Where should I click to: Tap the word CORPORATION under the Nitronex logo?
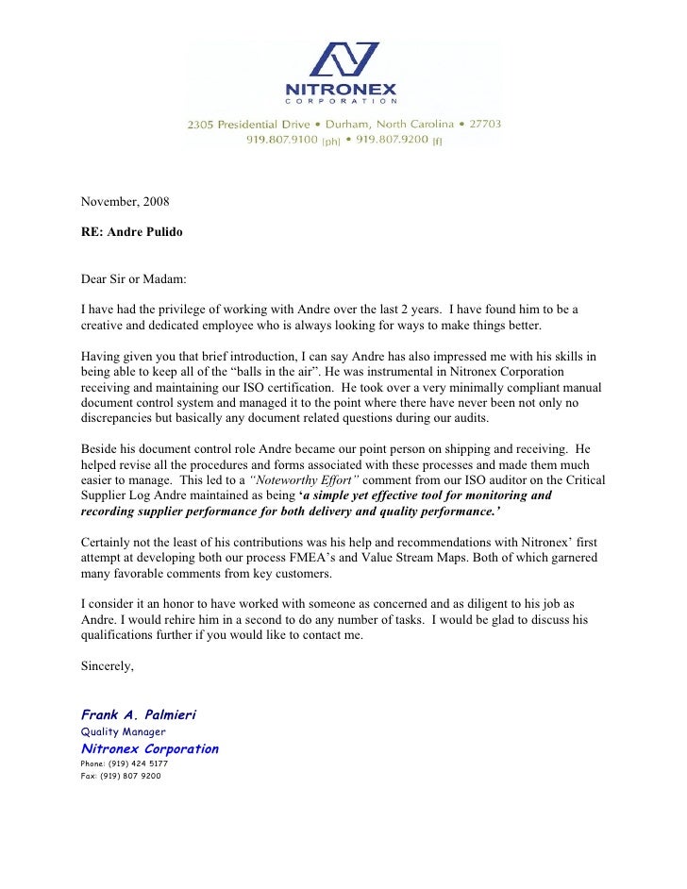click(343, 101)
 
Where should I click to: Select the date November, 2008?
click(125, 201)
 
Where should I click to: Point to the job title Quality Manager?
click(123, 731)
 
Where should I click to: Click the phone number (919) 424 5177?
click(125, 763)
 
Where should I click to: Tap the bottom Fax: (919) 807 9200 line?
click(121, 776)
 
